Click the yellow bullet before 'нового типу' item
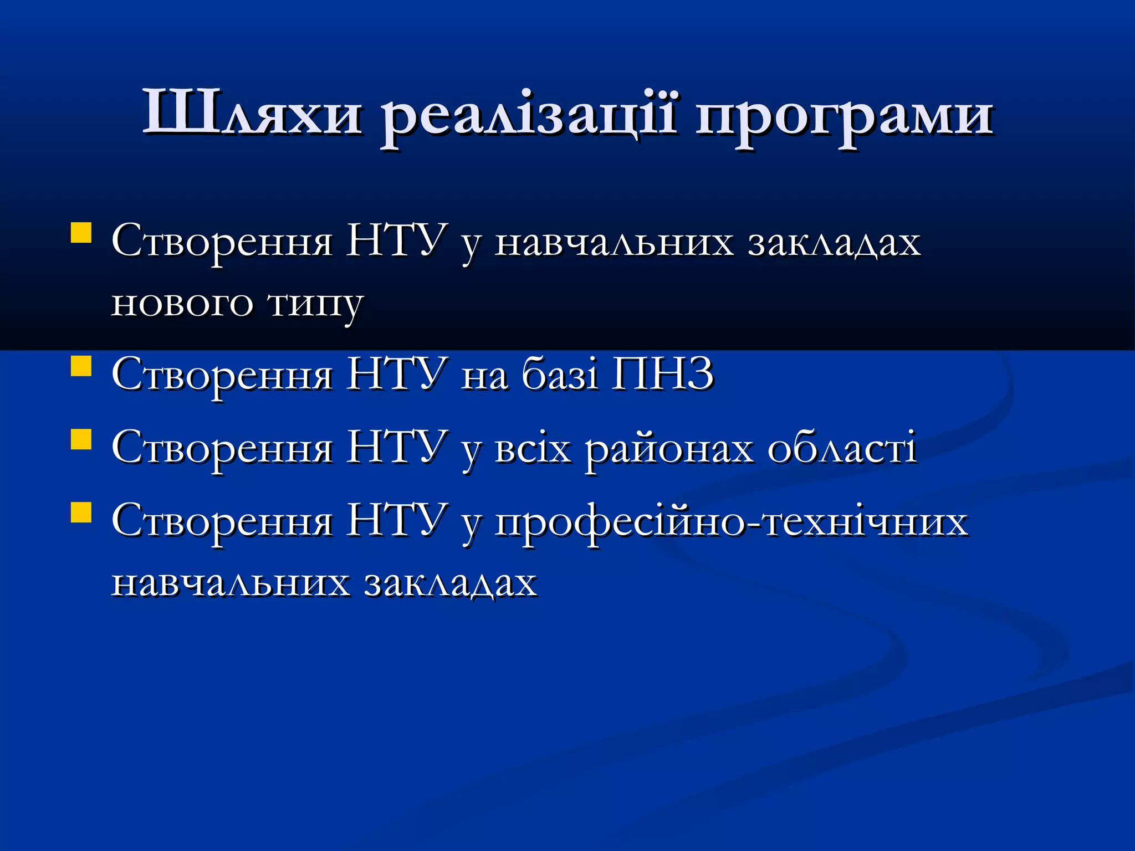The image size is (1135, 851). click(x=81, y=233)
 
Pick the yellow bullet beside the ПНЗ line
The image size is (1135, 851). click(x=81, y=366)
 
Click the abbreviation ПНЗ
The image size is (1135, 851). click(x=662, y=374)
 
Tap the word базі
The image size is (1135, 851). click(x=560, y=374)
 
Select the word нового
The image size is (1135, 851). click(x=182, y=304)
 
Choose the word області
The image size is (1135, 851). click(x=842, y=448)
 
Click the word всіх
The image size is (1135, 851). click(x=533, y=448)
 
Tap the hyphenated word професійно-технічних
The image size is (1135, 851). click(x=731, y=522)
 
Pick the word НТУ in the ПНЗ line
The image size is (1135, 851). click(x=397, y=374)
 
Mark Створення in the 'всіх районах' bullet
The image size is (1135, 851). click(x=222, y=448)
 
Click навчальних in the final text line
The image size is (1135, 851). click(x=231, y=583)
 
